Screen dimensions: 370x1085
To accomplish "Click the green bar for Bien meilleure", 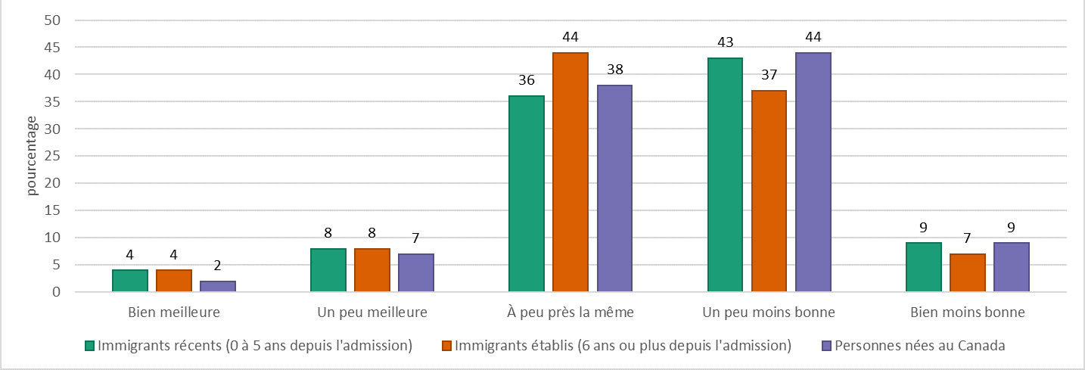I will pyautogui.click(x=130, y=281).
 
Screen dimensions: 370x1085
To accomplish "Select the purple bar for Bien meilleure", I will pyautogui.click(x=218, y=286).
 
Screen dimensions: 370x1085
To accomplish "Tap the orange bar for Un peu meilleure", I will pyautogui.click(x=372, y=270).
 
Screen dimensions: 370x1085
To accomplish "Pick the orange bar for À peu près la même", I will pyautogui.click(x=570, y=173).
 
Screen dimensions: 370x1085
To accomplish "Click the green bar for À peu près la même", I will pyautogui.click(x=527, y=194).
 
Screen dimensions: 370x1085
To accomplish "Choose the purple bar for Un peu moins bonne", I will pyautogui.click(x=813, y=173).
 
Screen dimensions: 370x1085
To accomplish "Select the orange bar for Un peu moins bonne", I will pyautogui.click(x=769, y=191).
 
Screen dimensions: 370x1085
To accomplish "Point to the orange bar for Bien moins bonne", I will pyautogui.click(x=967, y=273).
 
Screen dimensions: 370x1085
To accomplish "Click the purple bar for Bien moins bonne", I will pyautogui.click(x=1011, y=268).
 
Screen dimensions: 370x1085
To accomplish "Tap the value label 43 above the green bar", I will pyautogui.click(x=725, y=42).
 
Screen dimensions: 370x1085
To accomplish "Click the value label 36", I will pyautogui.click(x=527, y=79).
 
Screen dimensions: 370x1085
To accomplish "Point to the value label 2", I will pyautogui.click(x=218, y=265).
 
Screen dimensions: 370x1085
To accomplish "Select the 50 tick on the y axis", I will pyautogui.click(x=51, y=20).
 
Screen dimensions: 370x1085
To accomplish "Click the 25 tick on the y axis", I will pyautogui.click(x=51, y=156).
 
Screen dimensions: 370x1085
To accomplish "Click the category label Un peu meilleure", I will pyautogui.click(x=372, y=312).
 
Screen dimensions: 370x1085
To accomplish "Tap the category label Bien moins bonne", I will pyautogui.click(x=967, y=312).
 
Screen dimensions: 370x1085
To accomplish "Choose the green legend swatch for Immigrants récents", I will pyautogui.click(x=89, y=346).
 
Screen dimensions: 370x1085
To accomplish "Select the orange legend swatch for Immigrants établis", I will pyautogui.click(x=448, y=346).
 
